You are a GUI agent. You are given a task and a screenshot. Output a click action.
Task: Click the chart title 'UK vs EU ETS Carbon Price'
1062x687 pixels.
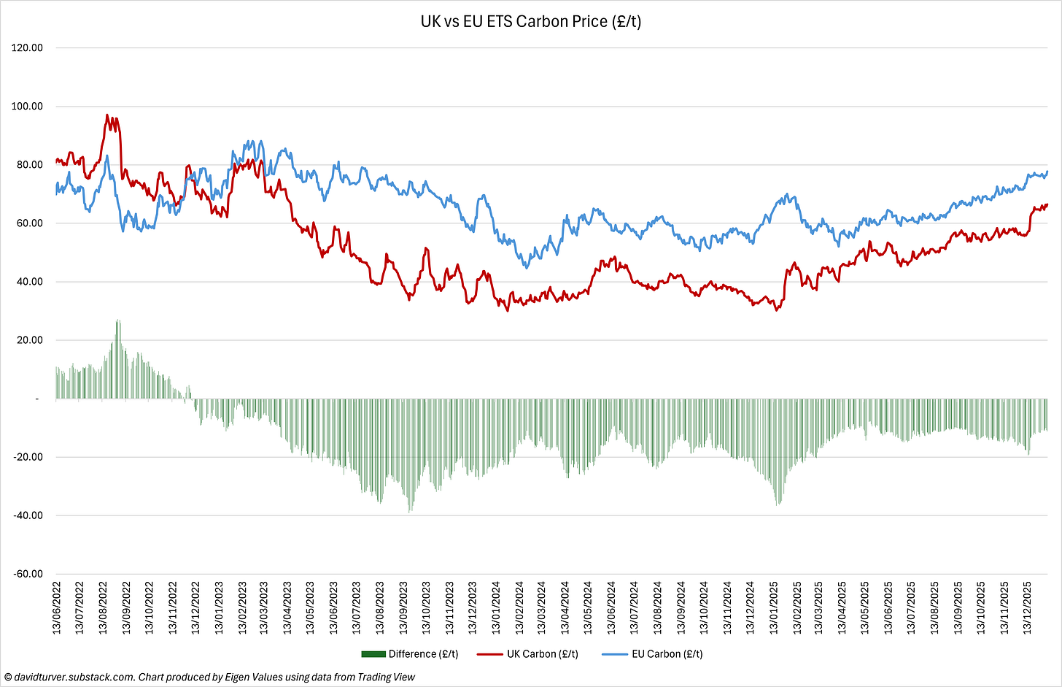pyautogui.click(x=530, y=21)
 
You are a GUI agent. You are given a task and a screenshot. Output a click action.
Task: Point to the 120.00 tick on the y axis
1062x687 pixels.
pyautogui.click(x=28, y=48)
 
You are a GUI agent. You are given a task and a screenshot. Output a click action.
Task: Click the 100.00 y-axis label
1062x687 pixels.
pyautogui.click(x=28, y=107)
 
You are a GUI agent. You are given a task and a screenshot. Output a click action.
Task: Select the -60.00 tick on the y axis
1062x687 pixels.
pyautogui.click(x=28, y=574)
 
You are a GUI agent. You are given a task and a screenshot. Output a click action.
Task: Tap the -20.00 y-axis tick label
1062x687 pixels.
pyautogui.click(x=28, y=457)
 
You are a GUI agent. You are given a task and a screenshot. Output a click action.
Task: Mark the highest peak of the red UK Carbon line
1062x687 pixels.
pyautogui.click(x=107, y=115)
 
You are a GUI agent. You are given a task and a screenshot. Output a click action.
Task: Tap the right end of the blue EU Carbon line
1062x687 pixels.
pyautogui.click(x=1047, y=172)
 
